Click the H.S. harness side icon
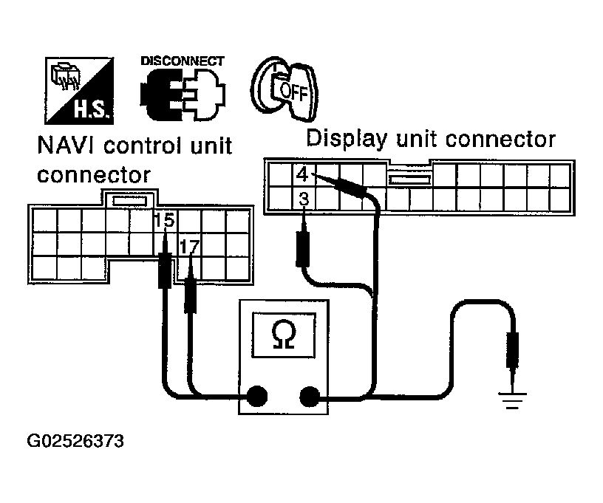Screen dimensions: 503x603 [x=78, y=92]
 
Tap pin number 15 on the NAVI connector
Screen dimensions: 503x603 [x=164, y=220]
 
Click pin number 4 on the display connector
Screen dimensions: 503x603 [x=303, y=175]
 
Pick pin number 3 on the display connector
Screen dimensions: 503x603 [x=303, y=199]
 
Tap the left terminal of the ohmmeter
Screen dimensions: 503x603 [x=256, y=397]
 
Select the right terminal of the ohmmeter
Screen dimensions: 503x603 [x=308, y=397]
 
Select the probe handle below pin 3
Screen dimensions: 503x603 [x=303, y=248]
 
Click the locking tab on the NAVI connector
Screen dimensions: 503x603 [x=130, y=199]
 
